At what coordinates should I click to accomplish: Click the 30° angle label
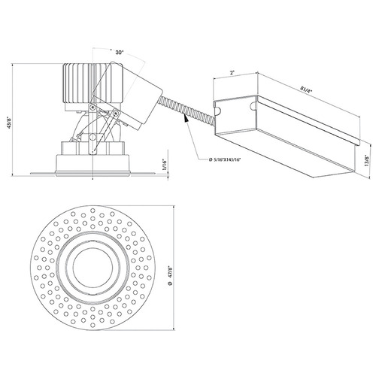click(x=120, y=53)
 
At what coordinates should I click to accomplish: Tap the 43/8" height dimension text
click(x=11, y=123)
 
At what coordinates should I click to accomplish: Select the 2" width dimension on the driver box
click(x=232, y=73)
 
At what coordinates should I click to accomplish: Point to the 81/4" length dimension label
click(x=306, y=89)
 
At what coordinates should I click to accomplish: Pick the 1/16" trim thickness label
click(x=165, y=165)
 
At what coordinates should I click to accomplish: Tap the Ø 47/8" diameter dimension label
click(x=171, y=275)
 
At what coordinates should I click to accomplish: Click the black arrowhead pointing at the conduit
click(x=186, y=117)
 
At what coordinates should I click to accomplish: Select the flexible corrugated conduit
click(x=186, y=110)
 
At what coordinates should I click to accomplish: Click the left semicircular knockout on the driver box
click(x=217, y=111)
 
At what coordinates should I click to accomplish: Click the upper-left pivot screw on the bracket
click(x=93, y=107)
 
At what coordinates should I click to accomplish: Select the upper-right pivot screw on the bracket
click(x=116, y=113)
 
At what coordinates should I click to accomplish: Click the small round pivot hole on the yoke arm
click(x=92, y=137)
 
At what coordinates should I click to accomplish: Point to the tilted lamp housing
click(x=128, y=96)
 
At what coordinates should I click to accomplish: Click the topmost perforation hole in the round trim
click(x=92, y=210)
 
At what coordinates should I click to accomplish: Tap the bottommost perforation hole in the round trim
click(x=92, y=325)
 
